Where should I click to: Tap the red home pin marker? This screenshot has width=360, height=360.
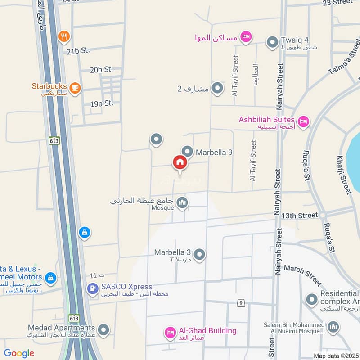coord(180,162)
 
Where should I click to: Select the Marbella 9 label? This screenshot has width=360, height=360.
coord(214,153)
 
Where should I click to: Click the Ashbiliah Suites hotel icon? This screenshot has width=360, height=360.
coord(304,121)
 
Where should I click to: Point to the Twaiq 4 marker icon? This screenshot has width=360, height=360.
coord(272,43)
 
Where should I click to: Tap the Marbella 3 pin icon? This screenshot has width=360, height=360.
coord(200,255)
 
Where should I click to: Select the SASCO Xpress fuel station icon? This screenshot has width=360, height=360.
coord(93,288)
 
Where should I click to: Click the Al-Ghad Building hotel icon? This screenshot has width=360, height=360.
coord(170,333)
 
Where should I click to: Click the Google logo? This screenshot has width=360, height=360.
coord(19,353)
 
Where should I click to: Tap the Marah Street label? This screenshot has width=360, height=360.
coord(303,275)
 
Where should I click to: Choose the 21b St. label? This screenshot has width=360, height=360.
coord(78,51)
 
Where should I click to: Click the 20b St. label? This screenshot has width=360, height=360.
coord(101,69)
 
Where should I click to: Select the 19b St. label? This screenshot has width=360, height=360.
coord(101,103)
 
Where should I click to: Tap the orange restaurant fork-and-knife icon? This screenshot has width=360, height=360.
coord(65,36)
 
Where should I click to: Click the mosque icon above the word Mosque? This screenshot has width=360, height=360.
coord(182,203)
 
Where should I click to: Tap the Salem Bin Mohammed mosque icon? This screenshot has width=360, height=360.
coord(333,326)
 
